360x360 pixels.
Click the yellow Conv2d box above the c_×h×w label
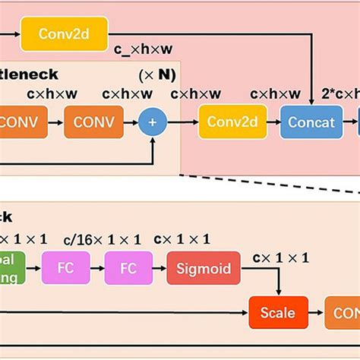(65, 34)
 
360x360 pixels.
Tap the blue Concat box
(312, 122)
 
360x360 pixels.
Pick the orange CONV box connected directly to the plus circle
(94, 122)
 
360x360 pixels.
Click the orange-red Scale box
(281, 312)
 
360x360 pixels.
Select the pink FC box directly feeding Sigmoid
(129, 268)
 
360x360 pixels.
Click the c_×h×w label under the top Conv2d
(144, 50)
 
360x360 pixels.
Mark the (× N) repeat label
(157, 76)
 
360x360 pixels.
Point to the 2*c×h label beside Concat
(342, 95)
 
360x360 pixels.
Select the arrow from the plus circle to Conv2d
(182, 122)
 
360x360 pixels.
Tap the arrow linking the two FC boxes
(98, 268)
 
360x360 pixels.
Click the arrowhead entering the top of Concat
(312, 102)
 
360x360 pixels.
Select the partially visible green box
(11, 268)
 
